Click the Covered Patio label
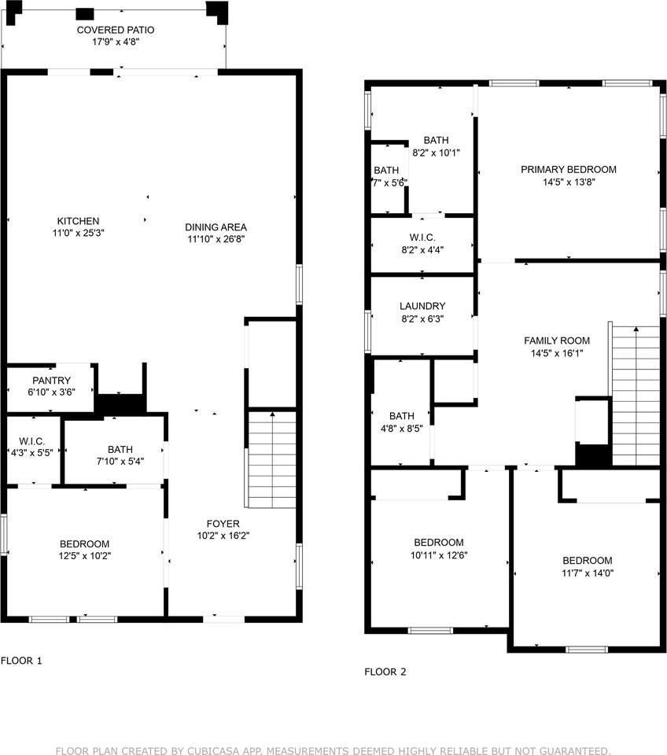pyautogui.click(x=116, y=30)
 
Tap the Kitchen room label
pyautogui.click(x=78, y=221)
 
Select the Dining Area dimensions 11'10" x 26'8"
pyautogui.click(x=216, y=239)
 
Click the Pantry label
pyautogui.click(x=52, y=381)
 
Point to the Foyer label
pyautogui.click(x=223, y=524)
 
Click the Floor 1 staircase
pyautogui.click(x=271, y=459)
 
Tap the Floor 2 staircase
pyautogui.click(x=636, y=396)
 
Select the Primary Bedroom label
pyautogui.click(x=569, y=170)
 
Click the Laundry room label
pyautogui.click(x=422, y=306)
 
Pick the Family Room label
pyautogui.click(x=557, y=341)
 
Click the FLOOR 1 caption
pyautogui.click(x=21, y=661)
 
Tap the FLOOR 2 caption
pyautogui.click(x=385, y=672)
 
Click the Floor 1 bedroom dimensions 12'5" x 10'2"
pyautogui.click(x=85, y=556)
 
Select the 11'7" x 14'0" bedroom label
pyautogui.click(x=588, y=567)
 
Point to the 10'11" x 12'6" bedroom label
pyautogui.click(x=439, y=548)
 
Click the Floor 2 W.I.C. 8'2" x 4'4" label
pyautogui.click(x=422, y=244)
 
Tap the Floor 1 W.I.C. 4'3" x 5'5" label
pyautogui.click(x=32, y=447)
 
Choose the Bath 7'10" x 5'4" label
pyautogui.click(x=120, y=455)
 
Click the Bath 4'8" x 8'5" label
pyautogui.click(x=402, y=422)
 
